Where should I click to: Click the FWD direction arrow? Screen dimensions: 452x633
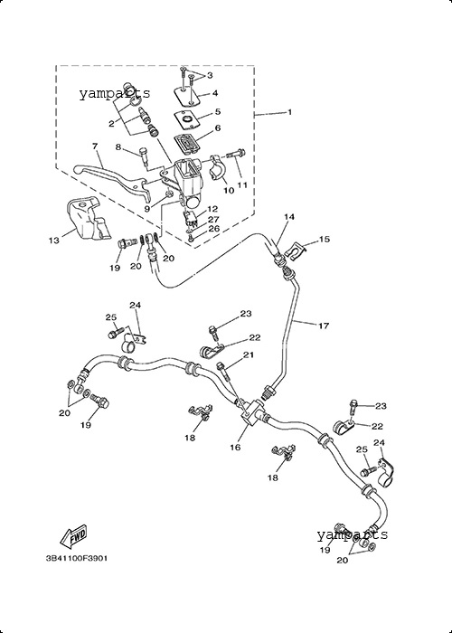pyautogui.click(x=73, y=536)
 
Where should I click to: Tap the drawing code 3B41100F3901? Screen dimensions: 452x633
pyautogui.click(x=76, y=559)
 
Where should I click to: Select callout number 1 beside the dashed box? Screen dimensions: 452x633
pyautogui.click(x=290, y=112)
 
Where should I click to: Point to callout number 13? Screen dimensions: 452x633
pyautogui.click(x=54, y=241)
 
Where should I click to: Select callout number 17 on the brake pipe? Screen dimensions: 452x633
pyautogui.click(x=324, y=326)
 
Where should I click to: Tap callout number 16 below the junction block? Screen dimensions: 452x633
pyautogui.click(x=235, y=448)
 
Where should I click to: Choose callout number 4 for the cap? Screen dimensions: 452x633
pyautogui.click(x=215, y=93)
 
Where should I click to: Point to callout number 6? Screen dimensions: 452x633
pyautogui.click(x=218, y=128)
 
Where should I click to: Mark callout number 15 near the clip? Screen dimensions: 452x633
pyautogui.click(x=324, y=240)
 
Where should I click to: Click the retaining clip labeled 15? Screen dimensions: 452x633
pyautogui.click(x=297, y=252)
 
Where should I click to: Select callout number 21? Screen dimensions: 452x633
pyautogui.click(x=249, y=355)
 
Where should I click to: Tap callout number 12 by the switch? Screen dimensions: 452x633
pyautogui.click(x=212, y=209)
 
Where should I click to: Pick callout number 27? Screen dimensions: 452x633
pyautogui.click(x=213, y=220)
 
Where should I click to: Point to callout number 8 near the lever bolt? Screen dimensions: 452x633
pyautogui.click(x=118, y=147)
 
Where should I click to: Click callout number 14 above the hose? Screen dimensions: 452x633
pyautogui.click(x=289, y=217)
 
